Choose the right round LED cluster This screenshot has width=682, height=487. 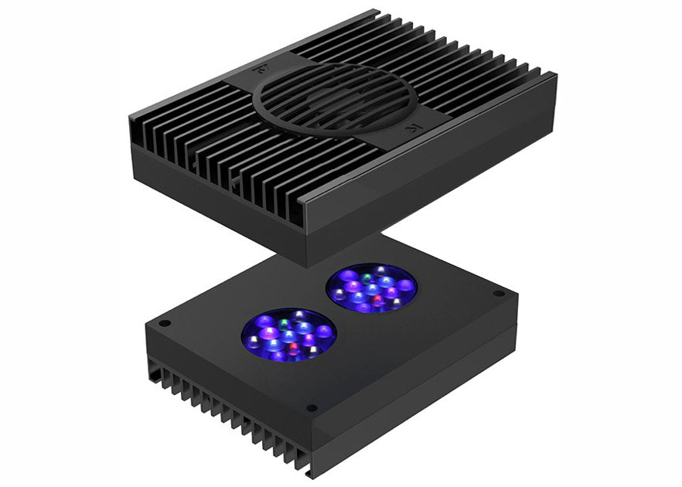tap(372, 288)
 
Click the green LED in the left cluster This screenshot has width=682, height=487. tap(285, 317)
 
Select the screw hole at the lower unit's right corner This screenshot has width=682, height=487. tap(499, 294)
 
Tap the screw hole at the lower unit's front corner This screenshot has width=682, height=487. tap(311, 407)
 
